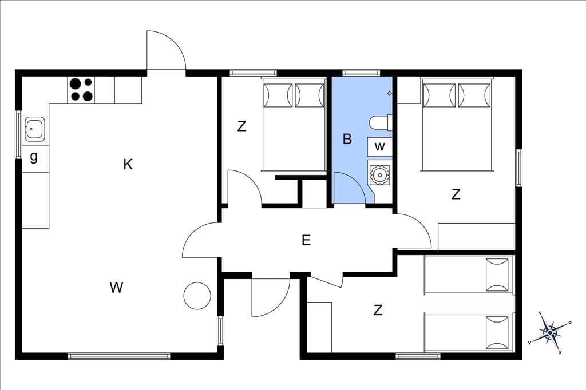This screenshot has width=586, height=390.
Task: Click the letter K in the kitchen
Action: pos(128,164)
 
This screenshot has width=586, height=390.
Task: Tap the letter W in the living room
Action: pos(117,288)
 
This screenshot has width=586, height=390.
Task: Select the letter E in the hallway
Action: pos(306,240)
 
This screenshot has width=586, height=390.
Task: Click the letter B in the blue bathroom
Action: pos(347,139)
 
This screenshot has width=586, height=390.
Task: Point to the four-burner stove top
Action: pos(81,90)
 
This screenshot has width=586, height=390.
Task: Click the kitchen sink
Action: pos(35,129)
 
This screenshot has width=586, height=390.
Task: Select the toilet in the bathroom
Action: pos(381,122)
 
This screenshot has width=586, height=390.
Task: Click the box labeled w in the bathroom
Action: pos(380,146)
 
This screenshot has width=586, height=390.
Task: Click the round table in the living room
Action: pos(197,296)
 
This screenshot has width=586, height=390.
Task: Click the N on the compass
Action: pos(540,313)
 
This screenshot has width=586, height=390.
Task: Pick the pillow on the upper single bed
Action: pos(497,274)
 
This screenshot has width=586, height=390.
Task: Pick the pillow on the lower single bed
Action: pos(497,332)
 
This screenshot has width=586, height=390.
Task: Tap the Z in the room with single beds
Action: pos(378,310)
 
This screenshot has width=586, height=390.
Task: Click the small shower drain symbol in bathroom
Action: pos(389,93)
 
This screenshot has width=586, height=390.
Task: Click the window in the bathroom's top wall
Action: pos(361,73)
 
